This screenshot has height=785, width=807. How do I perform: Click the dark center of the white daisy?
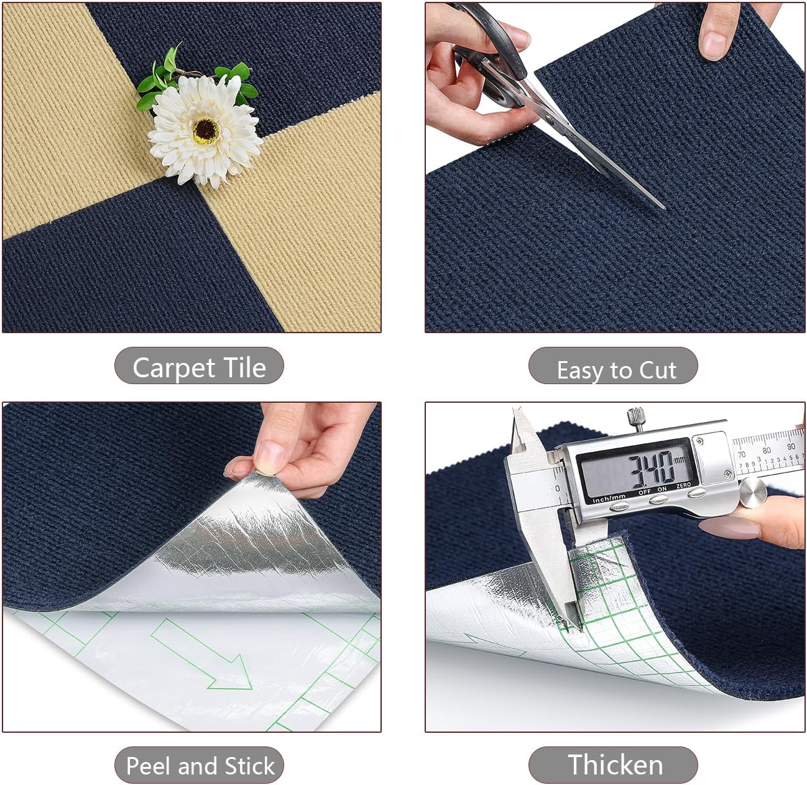pyautogui.click(x=205, y=130)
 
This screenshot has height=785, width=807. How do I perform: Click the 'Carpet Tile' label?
pyautogui.click(x=199, y=367)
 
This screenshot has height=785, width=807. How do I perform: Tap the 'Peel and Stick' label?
pyautogui.click(x=200, y=765)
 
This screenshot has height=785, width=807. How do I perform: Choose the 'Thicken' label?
pyautogui.click(x=615, y=764)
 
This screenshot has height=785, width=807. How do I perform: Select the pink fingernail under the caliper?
pyautogui.click(x=729, y=529)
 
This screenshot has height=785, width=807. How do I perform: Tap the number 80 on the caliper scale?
pyautogui.click(x=767, y=450)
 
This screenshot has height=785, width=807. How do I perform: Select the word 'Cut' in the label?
pyautogui.click(x=657, y=370)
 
